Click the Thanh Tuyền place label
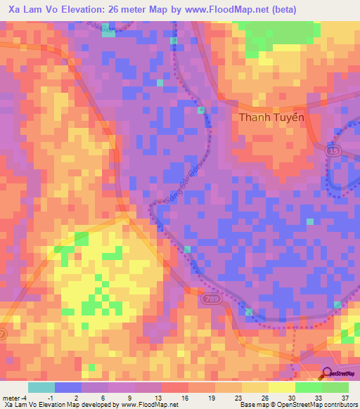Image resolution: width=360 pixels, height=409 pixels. pos(271,117)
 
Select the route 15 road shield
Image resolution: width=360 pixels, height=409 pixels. pos(333,150)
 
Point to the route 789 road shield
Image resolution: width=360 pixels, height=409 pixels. pos(209,299)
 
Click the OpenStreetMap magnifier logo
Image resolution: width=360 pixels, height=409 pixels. pos(328,373)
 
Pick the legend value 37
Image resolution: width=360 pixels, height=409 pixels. pos(345,396)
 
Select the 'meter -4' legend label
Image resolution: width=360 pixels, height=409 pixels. pos(15,396)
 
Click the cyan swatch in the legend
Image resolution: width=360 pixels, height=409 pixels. pos(41,387)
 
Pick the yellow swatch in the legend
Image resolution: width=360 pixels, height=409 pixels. pos(281,387)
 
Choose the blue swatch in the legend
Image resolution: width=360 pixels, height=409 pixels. pos(68,387)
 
